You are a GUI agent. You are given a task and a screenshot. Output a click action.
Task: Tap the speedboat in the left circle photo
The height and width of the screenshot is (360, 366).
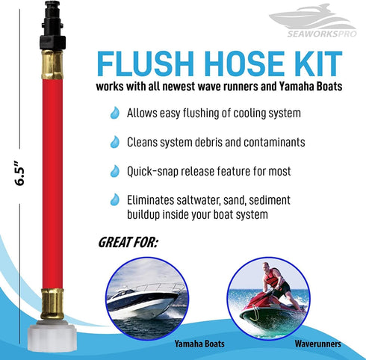pyautogui.click(x=145, y=300)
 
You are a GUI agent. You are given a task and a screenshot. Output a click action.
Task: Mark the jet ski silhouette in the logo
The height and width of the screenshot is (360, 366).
pyautogui.click(x=306, y=18)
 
